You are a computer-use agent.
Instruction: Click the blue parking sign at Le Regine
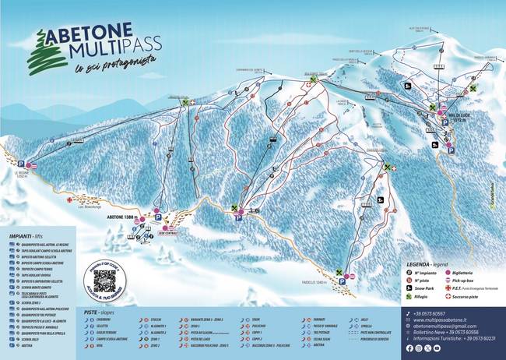point(23,164)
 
